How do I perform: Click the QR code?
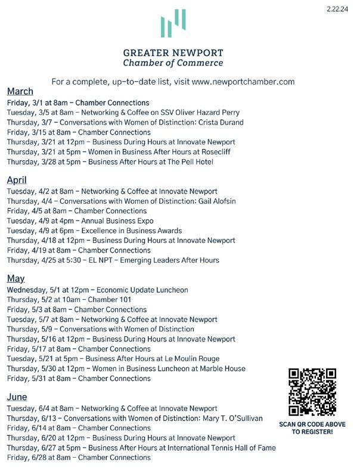[x=312, y=392]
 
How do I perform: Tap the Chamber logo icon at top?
[x=173, y=23]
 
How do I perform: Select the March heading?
[x=20, y=91]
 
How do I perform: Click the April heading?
[x=17, y=180]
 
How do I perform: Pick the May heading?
[x=15, y=278]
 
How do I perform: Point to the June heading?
[x=17, y=397]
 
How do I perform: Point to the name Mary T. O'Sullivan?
[x=229, y=418]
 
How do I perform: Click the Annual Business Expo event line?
[x=80, y=221]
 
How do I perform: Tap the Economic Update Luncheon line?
[x=98, y=290]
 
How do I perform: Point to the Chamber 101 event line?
[x=69, y=300]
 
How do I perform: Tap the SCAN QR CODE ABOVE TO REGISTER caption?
[x=312, y=428]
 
